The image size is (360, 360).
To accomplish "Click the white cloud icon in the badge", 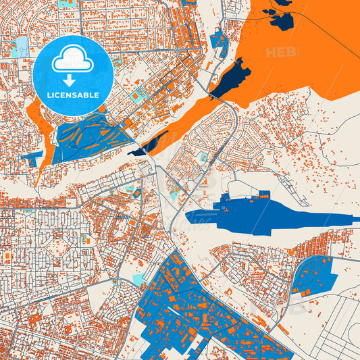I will coord(72,59).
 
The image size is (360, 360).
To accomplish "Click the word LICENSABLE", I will coord(72,95).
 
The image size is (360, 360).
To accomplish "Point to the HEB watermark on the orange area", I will coord(281,52).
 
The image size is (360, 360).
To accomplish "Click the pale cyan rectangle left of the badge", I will coord(20,46).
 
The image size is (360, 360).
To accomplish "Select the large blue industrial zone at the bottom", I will coord(196,311).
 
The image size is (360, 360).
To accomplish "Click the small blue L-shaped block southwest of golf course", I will coord(32,157).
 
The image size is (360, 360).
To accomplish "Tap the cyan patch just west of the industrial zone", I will coord(138,279).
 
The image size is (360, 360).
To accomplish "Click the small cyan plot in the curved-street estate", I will coord(203,157).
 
